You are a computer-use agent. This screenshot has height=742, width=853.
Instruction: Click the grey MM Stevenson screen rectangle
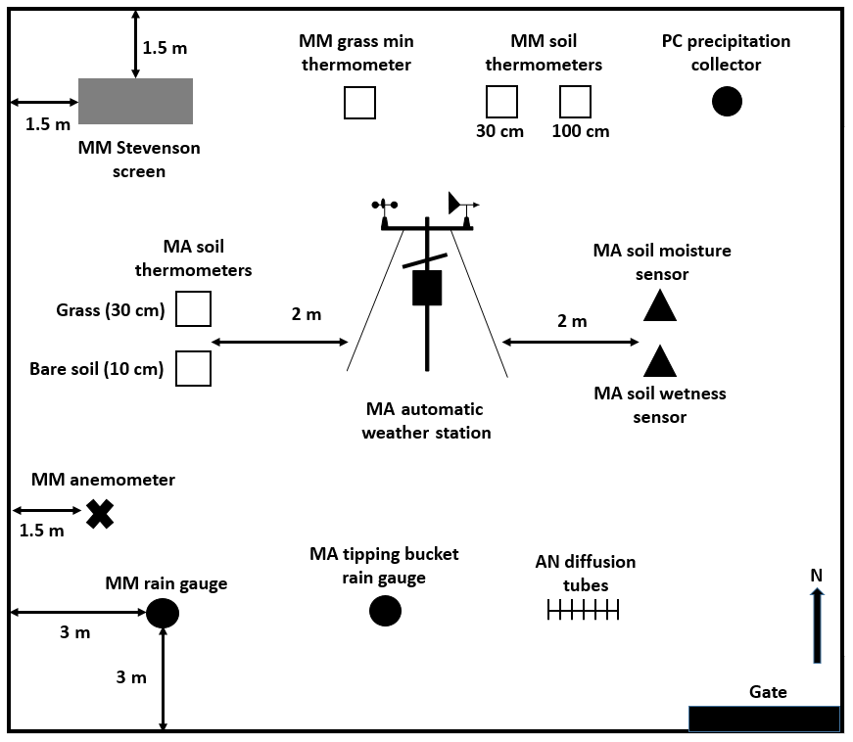135,101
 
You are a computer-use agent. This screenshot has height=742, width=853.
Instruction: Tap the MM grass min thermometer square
359,102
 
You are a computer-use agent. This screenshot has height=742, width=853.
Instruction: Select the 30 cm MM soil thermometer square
501,102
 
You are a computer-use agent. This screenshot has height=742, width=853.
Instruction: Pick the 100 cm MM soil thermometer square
575,102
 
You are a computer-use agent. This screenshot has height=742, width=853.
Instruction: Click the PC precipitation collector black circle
727,101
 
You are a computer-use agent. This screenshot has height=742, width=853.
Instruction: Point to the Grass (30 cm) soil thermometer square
193,308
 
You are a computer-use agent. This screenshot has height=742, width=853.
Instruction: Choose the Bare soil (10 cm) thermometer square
193,368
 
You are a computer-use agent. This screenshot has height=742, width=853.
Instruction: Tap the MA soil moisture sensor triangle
660,307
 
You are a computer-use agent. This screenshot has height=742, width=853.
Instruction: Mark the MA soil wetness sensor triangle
660,362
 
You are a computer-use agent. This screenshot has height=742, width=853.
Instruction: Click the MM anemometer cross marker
99,514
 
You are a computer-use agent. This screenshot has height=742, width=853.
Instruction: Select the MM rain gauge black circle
163,613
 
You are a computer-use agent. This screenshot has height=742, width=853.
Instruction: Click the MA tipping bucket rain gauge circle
385,611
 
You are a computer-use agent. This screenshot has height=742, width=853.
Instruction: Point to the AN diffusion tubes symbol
583,611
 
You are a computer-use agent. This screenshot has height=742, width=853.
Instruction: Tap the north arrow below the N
817,626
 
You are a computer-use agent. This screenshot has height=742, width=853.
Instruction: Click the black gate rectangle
764,719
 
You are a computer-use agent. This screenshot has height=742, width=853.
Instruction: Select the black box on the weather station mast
427,288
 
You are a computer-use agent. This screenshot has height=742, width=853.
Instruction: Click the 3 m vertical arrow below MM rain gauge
163,679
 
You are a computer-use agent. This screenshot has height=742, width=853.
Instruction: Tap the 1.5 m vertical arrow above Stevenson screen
135,44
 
